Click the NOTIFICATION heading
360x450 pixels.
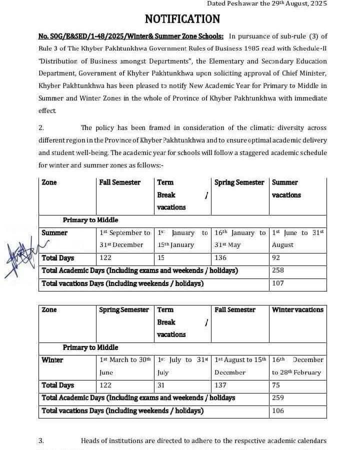coord(182,19)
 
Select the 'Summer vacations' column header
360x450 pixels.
coord(286,188)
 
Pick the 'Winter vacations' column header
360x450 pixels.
coord(297,310)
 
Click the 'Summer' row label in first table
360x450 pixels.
coord(54,233)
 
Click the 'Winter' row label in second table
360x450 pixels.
coord(52,360)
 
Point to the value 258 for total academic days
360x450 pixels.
coord(278,270)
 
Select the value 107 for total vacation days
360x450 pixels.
coord(278,283)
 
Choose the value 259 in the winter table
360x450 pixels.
coord(278,398)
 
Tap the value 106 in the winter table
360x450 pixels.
coord(278,411)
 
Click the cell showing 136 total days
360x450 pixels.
coord(220,258)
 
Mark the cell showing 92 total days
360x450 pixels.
coord(276,258)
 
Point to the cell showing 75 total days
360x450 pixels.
coord(276,385)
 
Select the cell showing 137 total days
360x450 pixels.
coord(220,385)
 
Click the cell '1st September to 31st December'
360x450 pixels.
coord(125,238)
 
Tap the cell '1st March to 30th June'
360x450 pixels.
coord(125,366)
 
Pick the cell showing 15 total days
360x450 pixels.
coord(161,258)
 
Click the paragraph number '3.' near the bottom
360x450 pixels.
coord(41,440)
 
